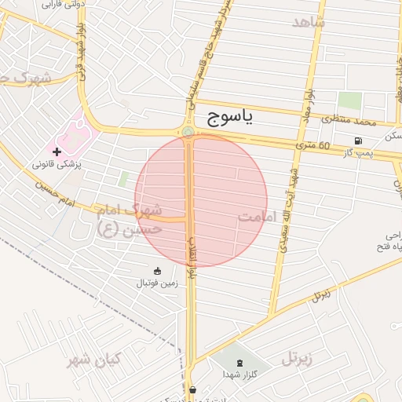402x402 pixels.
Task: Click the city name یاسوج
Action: pyautogui.click(x=232, y=119)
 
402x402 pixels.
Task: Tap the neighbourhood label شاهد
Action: pyautogui.click(x=308, y=21)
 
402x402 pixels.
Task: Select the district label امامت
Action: pyautogui.click(x=258, y=215)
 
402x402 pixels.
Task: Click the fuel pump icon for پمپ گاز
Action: pyautogui.click(x=357, y=141)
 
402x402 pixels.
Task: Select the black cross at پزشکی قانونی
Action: pyautogui.click(x=57, y=151)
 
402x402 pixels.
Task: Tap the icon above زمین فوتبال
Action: pyautogui.click(x=158, y=271)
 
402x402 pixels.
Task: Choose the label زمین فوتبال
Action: pyautogui.click(x=158, y=282)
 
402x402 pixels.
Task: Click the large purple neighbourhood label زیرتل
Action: pyautogui.click(x=296, y=360)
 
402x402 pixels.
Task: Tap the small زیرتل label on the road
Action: pyautogui.click(x=320, y=296)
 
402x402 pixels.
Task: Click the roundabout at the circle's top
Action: pyautogui.click(x=188, y=132)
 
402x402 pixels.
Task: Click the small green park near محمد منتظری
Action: pyautogui.click(x=350, y=101)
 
